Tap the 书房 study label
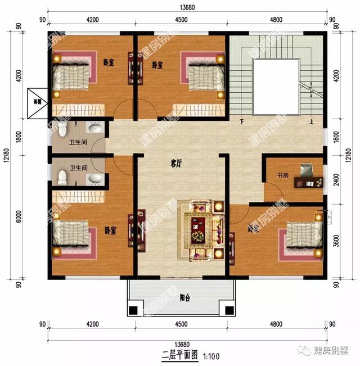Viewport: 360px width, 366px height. point(282,175)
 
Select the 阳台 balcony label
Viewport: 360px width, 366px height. point(184,299)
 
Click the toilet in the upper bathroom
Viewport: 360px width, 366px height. point(62,130)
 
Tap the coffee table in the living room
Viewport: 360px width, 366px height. point(199,228)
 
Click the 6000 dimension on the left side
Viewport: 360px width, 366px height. point(18,216)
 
